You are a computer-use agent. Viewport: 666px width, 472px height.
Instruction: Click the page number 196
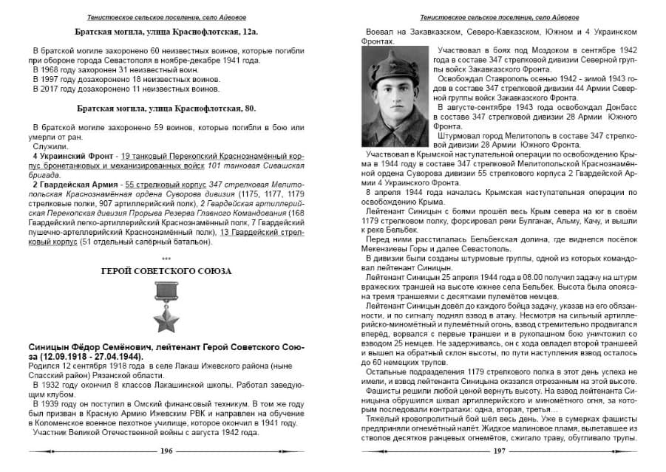(x=166, y=451)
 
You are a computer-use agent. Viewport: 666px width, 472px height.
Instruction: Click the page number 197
(x=499, y=451)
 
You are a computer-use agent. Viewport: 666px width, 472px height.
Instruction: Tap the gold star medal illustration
(x=166, y=309)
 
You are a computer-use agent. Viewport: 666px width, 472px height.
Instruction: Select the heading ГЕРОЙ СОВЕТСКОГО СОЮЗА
(x=166, y=271)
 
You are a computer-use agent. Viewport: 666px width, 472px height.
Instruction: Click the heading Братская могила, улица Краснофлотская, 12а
(x=166, y=33)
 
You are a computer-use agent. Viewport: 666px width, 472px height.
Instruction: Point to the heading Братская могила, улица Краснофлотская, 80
(x=166, y=108)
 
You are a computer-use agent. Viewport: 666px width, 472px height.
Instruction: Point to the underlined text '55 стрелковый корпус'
(x=160, y=183)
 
